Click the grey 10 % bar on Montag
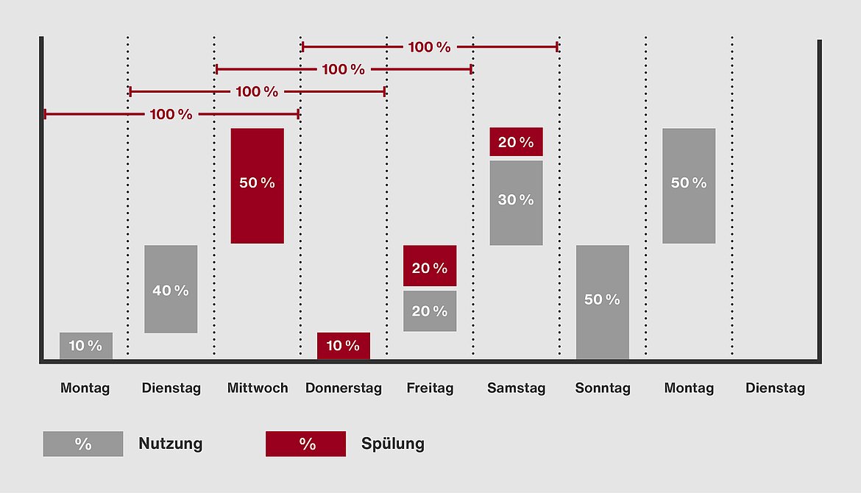86,346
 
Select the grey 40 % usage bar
171,289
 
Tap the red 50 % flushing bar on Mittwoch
257,185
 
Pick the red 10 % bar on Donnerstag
343,346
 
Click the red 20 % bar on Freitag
430,266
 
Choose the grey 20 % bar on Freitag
430,311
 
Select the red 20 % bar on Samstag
516,142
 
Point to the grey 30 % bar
516,202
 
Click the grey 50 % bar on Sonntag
602,302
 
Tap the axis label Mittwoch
258,388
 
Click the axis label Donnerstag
344,388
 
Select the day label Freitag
430,388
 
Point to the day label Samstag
516,388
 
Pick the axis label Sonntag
603,388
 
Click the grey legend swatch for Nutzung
83,444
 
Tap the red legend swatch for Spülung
305,444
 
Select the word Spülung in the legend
392,444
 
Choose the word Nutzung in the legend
170,444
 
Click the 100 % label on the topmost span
429,47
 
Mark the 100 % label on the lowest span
171,115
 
